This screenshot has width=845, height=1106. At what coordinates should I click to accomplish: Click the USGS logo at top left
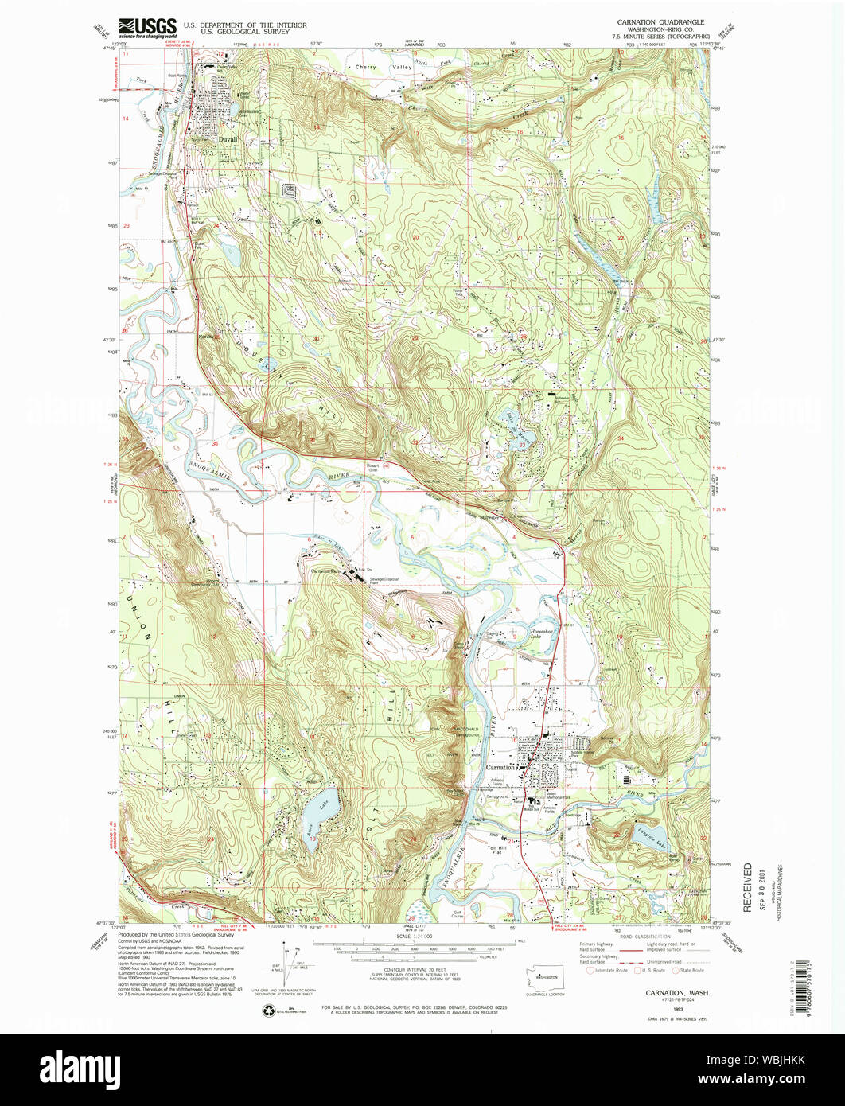pos(147,29)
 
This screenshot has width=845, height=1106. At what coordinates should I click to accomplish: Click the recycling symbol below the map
pos(267,1011)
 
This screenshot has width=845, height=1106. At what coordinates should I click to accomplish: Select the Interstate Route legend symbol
pos(590,970)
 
